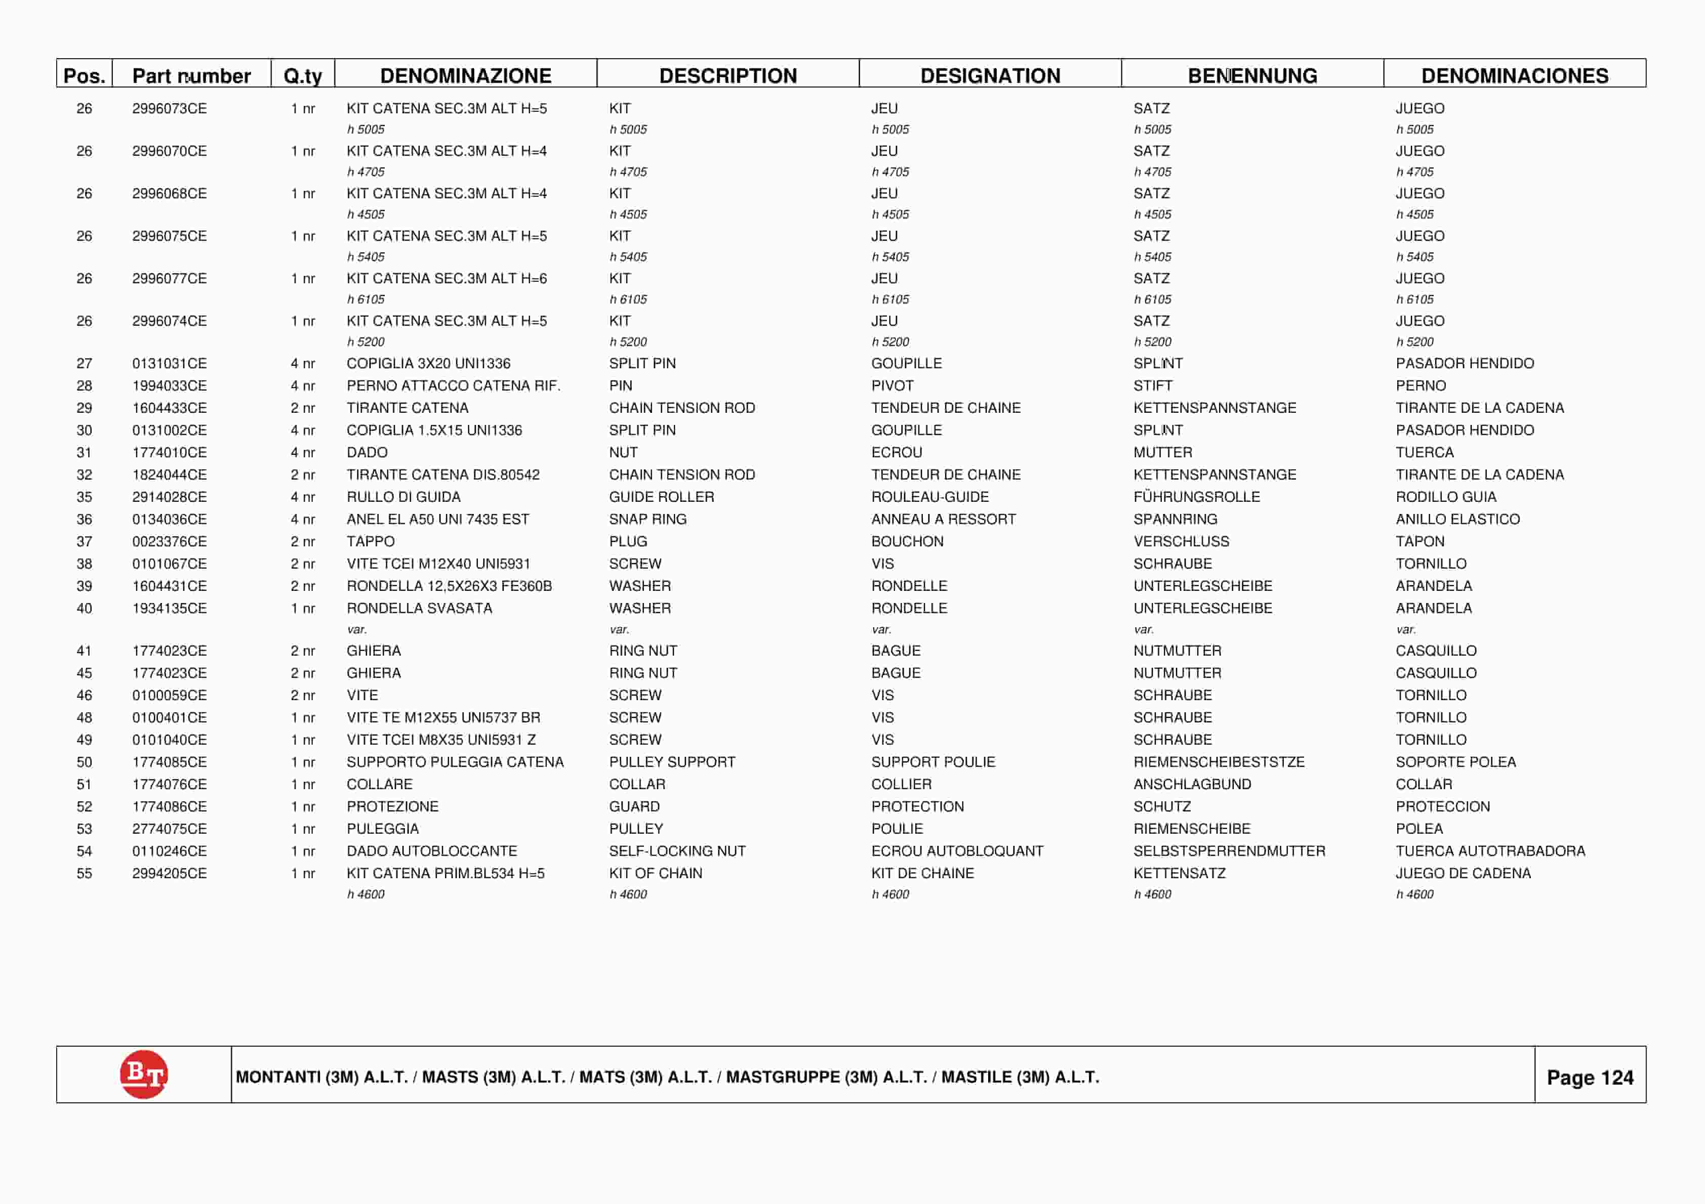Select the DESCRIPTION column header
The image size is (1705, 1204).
point(728,76)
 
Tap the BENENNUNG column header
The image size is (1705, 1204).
point(1252,76)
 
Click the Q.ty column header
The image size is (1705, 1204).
point(302,76)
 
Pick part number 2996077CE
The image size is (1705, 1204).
point(169,278)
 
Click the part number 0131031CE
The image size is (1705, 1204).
point(169,363)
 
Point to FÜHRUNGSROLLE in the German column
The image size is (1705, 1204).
point(1196,497)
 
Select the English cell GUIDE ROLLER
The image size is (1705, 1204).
point(661,497)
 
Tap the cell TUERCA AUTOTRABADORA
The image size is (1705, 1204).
point(1490,851)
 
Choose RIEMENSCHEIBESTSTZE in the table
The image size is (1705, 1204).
point(1219,761)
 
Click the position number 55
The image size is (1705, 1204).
point(84,873)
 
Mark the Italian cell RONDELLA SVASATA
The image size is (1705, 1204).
point(419,608)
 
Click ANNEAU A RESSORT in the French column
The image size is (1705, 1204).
point(943,519)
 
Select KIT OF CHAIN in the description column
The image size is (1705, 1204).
point(655,873)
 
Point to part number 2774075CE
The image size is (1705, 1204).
point(169,829)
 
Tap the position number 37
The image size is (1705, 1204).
point(84,541)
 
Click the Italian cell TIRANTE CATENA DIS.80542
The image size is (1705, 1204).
point(442,475)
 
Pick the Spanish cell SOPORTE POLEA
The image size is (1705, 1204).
point(1455,761)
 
